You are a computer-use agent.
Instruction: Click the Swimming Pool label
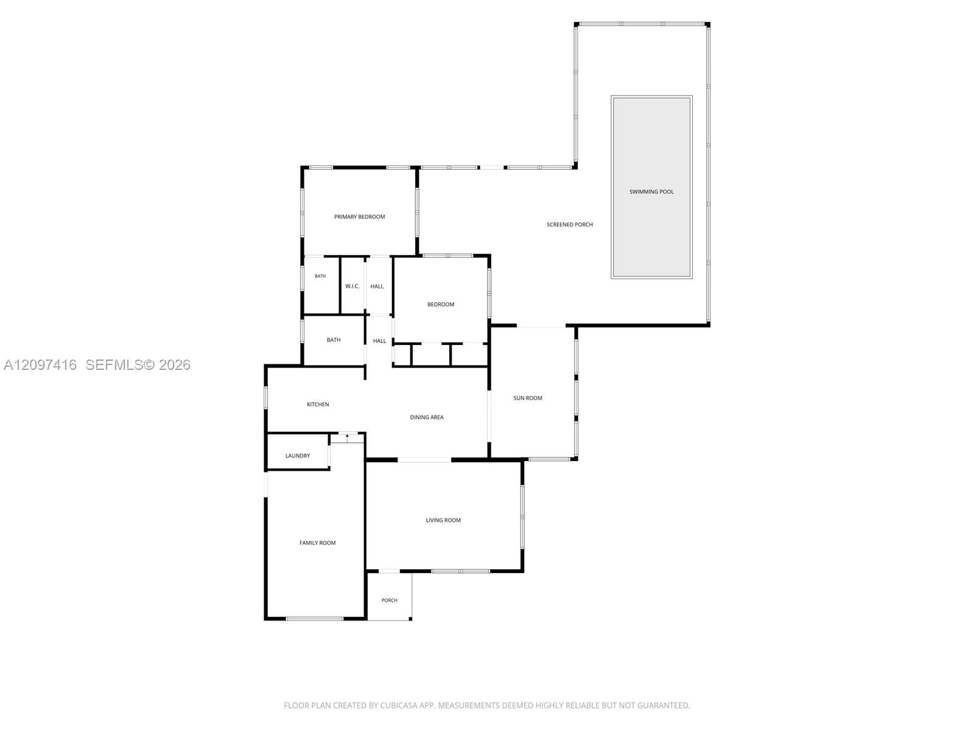click(651, 192)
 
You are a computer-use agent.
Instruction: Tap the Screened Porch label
click(569, 224)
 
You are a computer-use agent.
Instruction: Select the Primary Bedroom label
click(359, 217)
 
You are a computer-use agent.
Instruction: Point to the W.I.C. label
click(352, 287)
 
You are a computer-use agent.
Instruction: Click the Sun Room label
click(528, 398)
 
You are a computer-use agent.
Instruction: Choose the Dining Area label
click(427, 417)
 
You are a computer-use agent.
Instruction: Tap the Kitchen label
click(318, 404)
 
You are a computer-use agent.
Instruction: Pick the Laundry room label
click(297, 456)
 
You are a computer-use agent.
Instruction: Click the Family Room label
click(317, 543)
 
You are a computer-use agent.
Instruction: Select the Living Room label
click(443, 520)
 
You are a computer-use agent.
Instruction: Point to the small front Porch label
click(389, 600)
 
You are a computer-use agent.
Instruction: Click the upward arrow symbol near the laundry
click(347, 439)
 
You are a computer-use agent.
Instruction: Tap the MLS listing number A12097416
click(40, 365)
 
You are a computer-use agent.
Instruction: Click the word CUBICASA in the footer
click(398, 705)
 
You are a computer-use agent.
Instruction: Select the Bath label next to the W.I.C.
click(320, 276)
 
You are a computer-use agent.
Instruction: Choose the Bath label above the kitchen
click(333, 340)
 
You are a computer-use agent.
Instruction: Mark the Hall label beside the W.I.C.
click(377, 287)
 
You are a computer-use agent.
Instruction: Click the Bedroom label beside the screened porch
click(440, 304)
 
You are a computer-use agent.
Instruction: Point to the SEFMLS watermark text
click(114, 365)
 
